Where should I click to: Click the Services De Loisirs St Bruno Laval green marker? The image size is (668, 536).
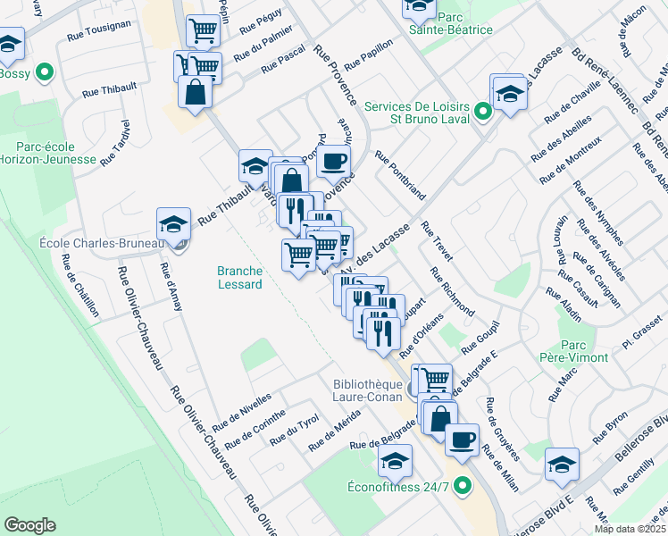coord(483,113)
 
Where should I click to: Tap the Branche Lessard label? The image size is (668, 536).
coord(240,278)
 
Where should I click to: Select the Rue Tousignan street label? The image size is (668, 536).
coord(98,38)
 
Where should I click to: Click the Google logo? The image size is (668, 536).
coord(29,524)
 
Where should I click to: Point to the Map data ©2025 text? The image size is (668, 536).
coord(630,529)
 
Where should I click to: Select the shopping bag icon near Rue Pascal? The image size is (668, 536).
coord(195,92)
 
